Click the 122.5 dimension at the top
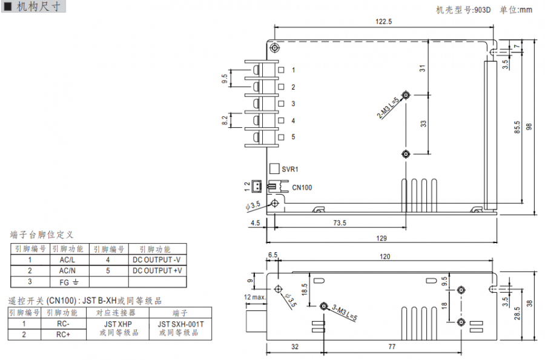(383, 21)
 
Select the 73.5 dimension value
(340, 223)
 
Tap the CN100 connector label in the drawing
(302, 188)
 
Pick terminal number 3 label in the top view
(293, 104)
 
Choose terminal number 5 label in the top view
(293, 137)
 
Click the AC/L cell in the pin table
(67, 259)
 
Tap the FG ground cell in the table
(67, 282)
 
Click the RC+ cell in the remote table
(63, 334)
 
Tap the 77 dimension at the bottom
(391, 347)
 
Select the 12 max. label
(255, 297)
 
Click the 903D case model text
(482, 10)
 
